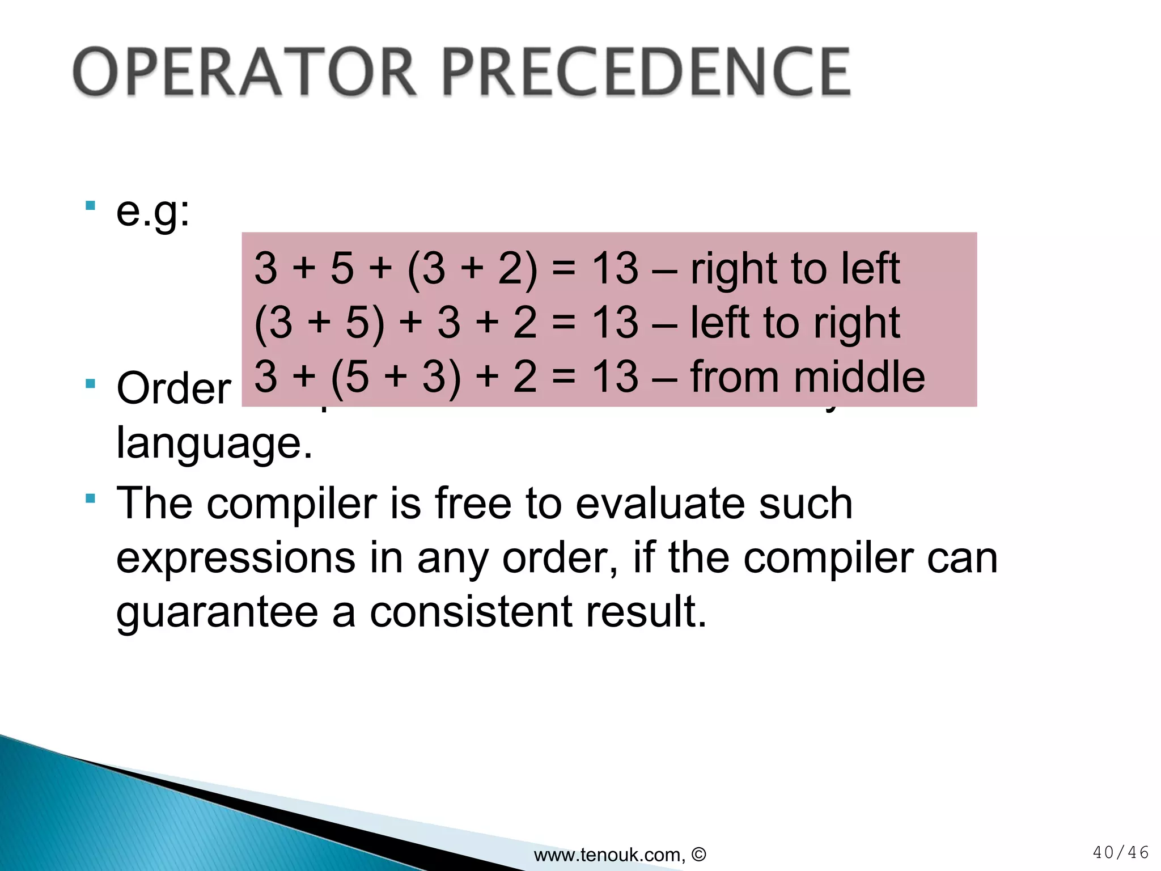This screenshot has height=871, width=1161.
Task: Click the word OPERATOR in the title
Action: point(245,73)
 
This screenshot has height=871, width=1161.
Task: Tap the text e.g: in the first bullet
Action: point(152,213)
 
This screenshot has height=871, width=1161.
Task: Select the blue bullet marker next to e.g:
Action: point(90,205)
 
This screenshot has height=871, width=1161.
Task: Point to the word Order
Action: point(173,389)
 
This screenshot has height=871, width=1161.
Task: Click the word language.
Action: point(214,443)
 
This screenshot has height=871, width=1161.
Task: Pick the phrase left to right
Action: point(795,323)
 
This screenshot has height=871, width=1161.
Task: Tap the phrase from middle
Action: point(807,377)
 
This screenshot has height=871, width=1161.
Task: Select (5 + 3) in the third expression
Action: point(396,377)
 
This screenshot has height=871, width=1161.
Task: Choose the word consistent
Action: point(471,612)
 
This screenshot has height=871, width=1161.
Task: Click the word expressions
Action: point(235,558)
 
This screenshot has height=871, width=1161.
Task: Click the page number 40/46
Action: point(1120,852)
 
